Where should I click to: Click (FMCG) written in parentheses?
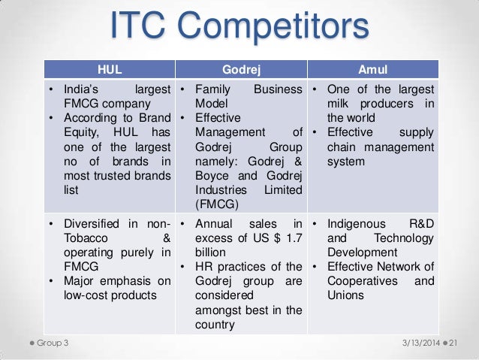[x=220, y=204]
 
